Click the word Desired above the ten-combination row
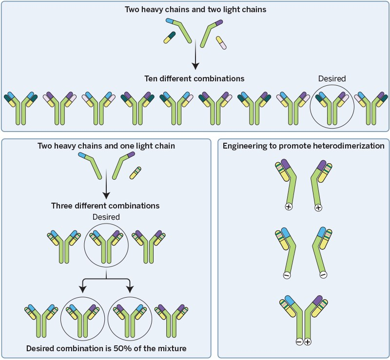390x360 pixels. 332,78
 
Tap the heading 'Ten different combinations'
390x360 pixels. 194,78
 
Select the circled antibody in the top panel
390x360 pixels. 332,107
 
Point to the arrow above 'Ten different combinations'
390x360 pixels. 195,55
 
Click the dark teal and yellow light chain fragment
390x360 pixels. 170,38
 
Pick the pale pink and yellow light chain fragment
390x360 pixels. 221,43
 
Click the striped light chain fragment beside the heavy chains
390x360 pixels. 136,173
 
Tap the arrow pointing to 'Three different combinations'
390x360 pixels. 106,184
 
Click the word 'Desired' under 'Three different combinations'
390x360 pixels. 106,217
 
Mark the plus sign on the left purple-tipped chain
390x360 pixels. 289,207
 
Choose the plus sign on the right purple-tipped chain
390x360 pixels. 318,208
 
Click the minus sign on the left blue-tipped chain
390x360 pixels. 287,275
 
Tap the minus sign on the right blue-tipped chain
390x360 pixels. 323,275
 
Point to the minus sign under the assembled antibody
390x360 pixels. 299,342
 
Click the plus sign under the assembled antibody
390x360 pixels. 308,342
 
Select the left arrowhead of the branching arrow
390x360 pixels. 82,289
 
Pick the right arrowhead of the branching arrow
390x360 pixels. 130,289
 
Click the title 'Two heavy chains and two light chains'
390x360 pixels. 195,9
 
